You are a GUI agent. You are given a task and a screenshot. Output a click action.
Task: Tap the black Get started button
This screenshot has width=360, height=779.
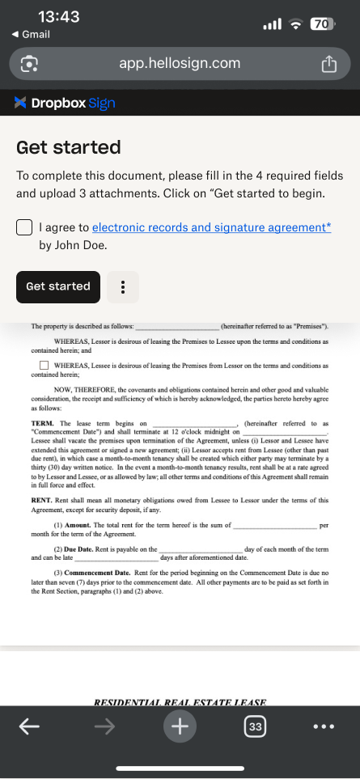[x=58, y=286]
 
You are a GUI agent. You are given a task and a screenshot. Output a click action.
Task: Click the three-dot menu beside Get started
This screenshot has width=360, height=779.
[x=123, y=286]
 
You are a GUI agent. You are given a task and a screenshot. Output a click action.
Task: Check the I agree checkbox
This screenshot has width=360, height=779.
[x=24, y=228]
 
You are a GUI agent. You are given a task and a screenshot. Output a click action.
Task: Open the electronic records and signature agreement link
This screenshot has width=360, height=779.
[x=211, y=228]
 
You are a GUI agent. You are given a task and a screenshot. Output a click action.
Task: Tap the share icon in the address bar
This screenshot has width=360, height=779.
[x=328, y=64]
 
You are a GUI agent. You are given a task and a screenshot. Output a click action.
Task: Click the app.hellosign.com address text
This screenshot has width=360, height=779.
[x=180, y=63]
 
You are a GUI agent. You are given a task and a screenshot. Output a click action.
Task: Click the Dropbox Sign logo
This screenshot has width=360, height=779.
[x=65, y=103]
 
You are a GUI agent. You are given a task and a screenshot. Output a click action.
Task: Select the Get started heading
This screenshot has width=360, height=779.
[x=69, y=147]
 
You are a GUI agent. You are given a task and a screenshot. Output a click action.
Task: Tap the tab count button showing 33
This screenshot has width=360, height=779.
[x=256, y=727]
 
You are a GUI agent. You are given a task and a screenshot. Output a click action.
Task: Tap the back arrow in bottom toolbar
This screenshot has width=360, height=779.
[x=29, y=727]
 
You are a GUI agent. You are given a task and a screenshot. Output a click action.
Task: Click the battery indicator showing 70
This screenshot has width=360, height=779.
[x=321, y=24]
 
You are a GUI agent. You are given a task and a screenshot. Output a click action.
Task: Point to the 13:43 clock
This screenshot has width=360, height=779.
[x=58, y=17]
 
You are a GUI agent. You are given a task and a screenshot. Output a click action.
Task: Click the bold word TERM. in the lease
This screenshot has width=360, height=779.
[x=42, y=424]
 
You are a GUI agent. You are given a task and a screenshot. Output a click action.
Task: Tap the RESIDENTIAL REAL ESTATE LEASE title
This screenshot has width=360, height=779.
[x=180, y=702]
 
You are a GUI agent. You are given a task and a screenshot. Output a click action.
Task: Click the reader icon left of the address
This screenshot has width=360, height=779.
[x=30, y=64]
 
